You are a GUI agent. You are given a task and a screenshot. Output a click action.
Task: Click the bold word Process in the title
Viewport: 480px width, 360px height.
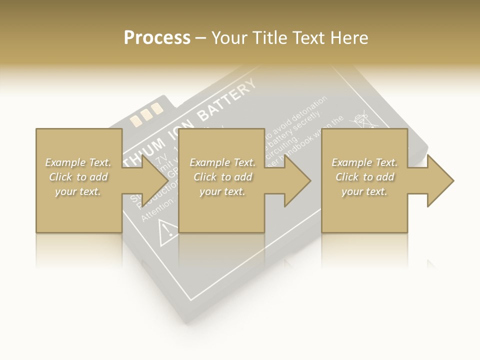point(157,37)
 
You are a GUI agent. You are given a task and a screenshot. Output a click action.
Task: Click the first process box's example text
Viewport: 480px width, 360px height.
point(78,177)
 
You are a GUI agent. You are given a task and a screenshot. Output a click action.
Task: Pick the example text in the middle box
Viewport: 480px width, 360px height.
point(222,177)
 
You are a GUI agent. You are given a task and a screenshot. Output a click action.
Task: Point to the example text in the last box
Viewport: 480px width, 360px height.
point(364,177)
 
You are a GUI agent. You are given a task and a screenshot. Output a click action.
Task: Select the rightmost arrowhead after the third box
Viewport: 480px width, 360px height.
point(439,180)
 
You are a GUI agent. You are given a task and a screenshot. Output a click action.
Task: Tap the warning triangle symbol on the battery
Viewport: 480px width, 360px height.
point(167,229)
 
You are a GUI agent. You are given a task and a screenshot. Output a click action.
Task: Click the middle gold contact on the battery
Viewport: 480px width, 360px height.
point(146,114)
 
